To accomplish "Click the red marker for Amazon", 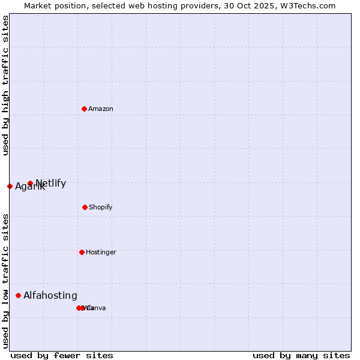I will coord(84,109).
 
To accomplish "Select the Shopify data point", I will coord(85,207).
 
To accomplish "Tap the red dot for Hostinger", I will coord(82,252).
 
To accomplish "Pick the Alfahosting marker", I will coord(18,295).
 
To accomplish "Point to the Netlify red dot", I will coord(30,183).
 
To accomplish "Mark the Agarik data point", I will coord(10,186).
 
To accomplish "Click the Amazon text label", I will coord(101,109).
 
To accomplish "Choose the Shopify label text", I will coord(101,207).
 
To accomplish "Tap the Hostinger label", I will coord(101,252).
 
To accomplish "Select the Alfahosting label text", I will coord(50,295).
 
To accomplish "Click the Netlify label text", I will coord(51,183).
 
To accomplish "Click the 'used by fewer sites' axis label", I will coord(62,355).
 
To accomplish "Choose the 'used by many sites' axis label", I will coord(301,355).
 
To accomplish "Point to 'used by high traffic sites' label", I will coord(5,85).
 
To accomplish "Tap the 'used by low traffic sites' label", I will coord(5,280).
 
